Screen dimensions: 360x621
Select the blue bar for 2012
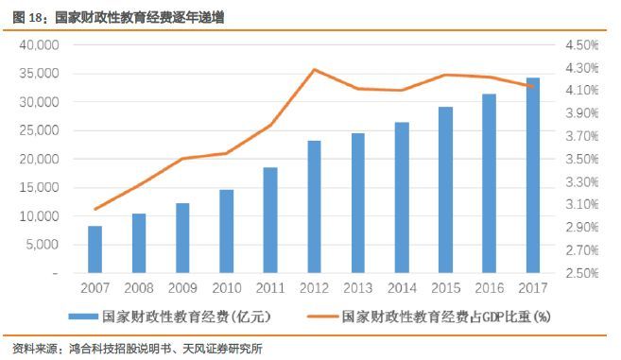(x=315, y=207)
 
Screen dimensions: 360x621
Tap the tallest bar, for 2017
(x=533, y=175)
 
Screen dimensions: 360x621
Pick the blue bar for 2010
(x=227, y=231)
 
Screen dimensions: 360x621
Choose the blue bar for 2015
(x=446, y=190)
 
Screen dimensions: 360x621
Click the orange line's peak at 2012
(x=315, y=69)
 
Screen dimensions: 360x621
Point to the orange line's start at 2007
(x=95, y=209)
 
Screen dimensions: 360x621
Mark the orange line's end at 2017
(x=533, y=87)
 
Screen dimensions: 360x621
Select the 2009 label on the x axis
(x=182, y=287)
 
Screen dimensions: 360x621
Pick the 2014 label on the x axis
(x=402, y=287)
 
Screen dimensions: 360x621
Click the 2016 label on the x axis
(x=490, y=287)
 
